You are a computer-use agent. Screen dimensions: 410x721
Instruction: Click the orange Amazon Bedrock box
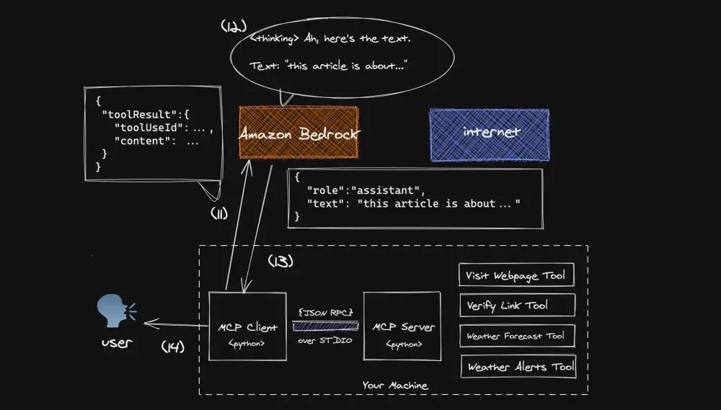point(298,133)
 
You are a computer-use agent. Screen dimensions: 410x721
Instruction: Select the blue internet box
point(489,133)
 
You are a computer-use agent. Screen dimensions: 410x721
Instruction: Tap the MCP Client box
point(247,326)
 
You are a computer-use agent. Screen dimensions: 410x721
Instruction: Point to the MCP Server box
point(402,326)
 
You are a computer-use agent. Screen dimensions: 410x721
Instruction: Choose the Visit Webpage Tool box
point(516,275)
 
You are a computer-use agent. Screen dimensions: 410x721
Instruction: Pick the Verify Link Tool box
point(516,305)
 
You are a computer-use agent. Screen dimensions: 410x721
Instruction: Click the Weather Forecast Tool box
point(516,336)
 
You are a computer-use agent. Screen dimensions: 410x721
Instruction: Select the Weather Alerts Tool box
point(519,366)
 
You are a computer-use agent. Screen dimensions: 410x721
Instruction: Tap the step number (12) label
point(234,26)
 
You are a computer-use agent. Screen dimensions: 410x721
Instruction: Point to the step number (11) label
point(218,213)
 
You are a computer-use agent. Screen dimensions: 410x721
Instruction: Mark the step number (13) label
point(280,262)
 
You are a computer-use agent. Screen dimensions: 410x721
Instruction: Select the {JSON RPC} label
point(325,313)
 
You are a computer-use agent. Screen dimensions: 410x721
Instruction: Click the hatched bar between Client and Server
point(325,326)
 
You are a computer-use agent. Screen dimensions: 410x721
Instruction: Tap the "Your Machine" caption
point(394,386)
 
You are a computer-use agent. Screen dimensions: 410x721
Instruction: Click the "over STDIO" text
point(325,339)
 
